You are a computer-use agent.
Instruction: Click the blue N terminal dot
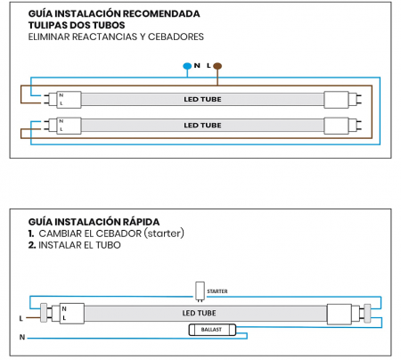pyautogui.click(x=186, y=66)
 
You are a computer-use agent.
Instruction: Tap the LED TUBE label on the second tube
pyautogui.click(x=202, y=125)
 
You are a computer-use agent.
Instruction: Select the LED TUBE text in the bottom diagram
pyautogui.click(x=200, y=313)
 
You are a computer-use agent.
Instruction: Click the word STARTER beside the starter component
pyautogui.click(x=217, y=290)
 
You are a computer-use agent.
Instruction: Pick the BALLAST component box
pyautogui.click(x=213, y=329)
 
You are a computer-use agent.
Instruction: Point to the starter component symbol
pyautogui.click(x=199, y=290)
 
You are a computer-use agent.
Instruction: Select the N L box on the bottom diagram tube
pyautogui.click(x=68, y=313)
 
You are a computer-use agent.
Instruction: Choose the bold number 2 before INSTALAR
pyautogui.click(x=31, y=244)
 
